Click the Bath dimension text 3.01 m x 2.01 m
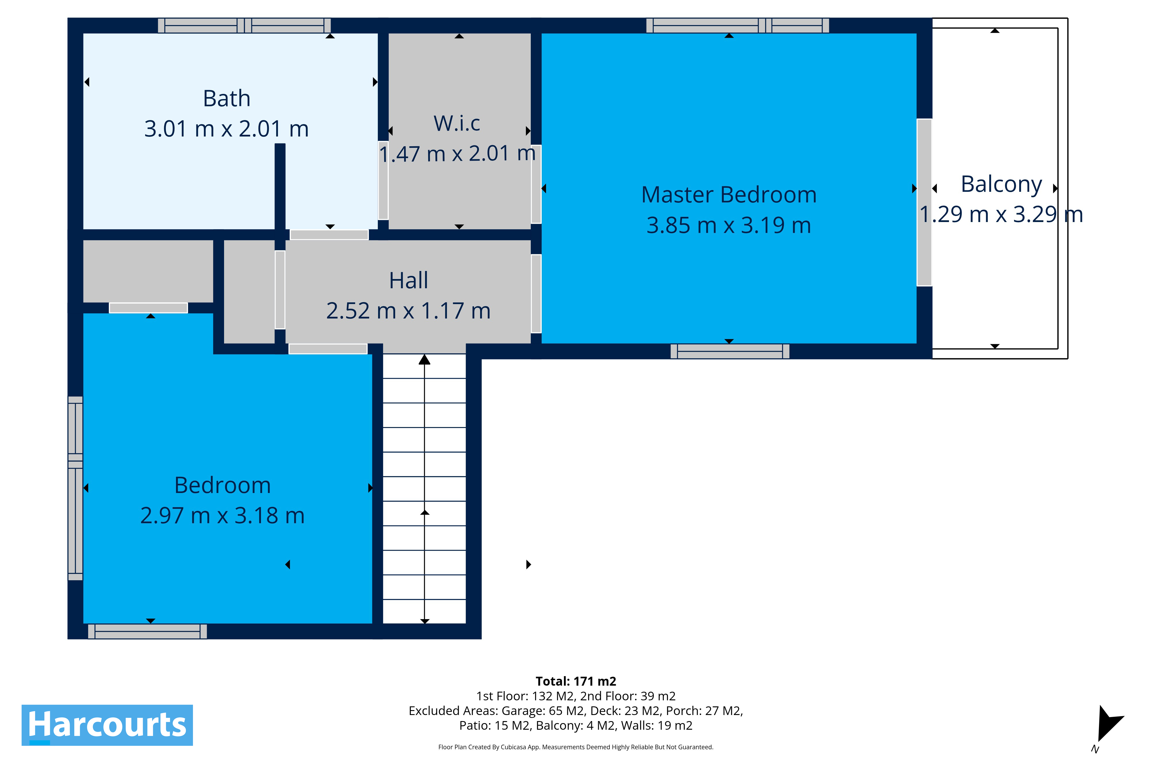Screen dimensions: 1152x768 [226, 129]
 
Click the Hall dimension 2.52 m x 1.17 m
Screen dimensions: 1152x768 [408, 310]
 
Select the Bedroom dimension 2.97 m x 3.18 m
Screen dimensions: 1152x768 [222, 515]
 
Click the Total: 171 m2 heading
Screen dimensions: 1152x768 [576, 681]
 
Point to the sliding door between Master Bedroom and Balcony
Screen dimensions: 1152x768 [924, 202]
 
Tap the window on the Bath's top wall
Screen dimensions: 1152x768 [245, 25]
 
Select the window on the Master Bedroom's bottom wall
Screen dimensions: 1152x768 [730, 351]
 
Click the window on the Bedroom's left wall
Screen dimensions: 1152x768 [75, 488]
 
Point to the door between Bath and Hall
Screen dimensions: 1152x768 [329, 235]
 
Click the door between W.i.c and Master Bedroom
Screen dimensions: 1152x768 [536, 184]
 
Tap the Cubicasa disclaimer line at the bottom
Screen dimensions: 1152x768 [576, 747]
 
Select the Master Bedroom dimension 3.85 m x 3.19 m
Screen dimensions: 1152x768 [729, 225]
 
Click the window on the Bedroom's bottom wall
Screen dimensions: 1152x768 [147, 631]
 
